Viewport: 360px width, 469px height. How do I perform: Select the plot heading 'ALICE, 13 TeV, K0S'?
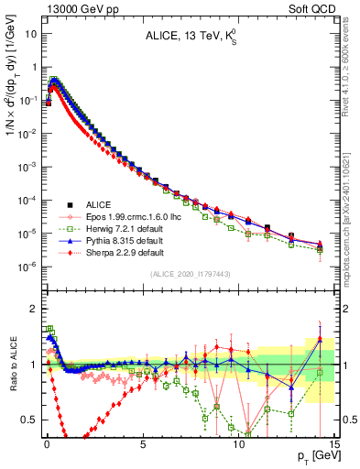190,37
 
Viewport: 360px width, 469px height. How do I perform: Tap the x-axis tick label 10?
238,442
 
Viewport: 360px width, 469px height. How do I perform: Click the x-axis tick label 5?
143,442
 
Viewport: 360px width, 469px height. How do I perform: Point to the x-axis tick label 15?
333,442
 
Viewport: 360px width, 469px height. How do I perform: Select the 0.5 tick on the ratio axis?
31,420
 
